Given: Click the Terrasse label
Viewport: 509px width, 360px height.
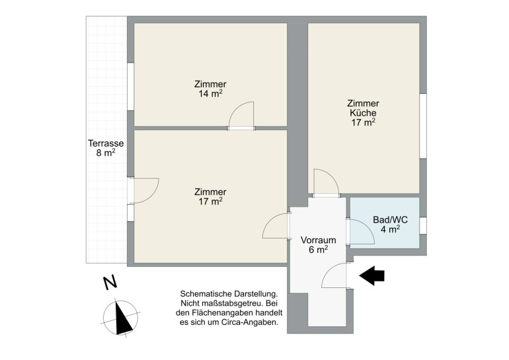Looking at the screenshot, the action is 106,143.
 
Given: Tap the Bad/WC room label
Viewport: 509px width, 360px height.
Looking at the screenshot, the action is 390,219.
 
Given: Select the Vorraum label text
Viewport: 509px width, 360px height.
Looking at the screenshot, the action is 318,240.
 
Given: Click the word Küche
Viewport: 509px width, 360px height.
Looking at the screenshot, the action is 364,113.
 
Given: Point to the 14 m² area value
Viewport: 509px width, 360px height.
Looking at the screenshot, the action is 210,94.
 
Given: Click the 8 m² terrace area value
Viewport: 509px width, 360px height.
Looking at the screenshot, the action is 106,153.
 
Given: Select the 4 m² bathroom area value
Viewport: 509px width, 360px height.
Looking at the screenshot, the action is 390,229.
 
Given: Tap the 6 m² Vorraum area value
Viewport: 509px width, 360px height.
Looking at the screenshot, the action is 318,250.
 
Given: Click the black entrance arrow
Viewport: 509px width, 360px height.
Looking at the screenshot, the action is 372,275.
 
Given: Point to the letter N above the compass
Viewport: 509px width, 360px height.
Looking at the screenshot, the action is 110,283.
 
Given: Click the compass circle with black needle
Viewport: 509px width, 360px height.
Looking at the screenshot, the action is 121,318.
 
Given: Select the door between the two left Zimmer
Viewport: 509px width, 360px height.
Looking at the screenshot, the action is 241,116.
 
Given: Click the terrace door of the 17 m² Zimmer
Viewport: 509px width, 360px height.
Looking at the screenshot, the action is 143,191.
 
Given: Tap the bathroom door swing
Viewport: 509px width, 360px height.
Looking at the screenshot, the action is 361,232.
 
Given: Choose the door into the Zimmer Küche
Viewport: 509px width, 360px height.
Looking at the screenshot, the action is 327,183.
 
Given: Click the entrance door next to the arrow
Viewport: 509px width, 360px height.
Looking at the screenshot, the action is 334,275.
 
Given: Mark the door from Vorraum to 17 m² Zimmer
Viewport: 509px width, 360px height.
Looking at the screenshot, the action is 276,226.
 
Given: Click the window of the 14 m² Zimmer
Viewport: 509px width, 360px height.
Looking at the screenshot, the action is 130,87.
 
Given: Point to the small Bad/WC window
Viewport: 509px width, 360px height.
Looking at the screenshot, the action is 423,226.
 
